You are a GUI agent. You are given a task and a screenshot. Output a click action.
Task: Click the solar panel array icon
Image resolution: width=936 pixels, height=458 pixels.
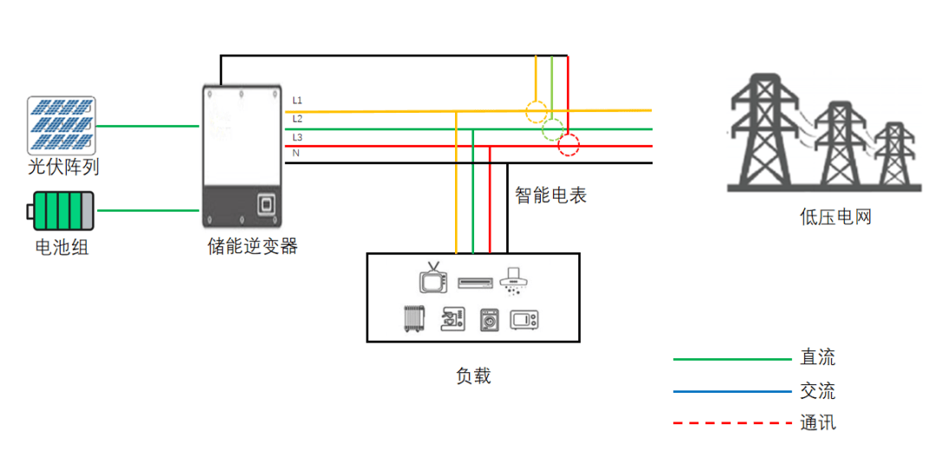click(x=62, y=126)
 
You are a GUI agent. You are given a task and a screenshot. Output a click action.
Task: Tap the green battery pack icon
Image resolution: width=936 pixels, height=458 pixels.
click(x=60, y=211)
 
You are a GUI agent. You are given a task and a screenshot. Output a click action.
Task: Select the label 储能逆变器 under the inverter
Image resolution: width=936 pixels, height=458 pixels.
click(x=252, y=245)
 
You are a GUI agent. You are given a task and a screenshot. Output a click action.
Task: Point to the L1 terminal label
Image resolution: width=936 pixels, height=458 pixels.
click(x=296, y=101)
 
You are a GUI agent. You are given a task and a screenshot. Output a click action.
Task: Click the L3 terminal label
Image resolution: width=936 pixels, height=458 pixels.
click(x=297, y=137)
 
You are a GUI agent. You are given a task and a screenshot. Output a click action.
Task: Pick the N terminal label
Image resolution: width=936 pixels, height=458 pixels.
click(x=295, y=154)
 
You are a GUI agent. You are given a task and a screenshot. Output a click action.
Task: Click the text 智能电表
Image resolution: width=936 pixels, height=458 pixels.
click(x=551, y=194)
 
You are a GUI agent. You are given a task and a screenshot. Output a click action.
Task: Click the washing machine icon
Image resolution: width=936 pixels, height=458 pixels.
click(x=490, y=319)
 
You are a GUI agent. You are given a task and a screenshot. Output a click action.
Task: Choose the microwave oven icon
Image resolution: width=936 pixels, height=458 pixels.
click(x=524, y=319)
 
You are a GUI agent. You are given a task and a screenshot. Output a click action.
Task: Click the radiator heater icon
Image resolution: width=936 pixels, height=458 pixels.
click(x=413, y=319)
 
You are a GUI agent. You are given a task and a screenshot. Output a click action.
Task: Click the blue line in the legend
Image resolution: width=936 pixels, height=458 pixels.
click(x=731, y=392)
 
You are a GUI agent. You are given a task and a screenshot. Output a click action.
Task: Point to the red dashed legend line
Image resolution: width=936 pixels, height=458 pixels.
click(x=731, y=423)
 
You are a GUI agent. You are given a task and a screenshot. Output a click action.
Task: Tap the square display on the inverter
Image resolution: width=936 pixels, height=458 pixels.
click(x=266, y=204)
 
